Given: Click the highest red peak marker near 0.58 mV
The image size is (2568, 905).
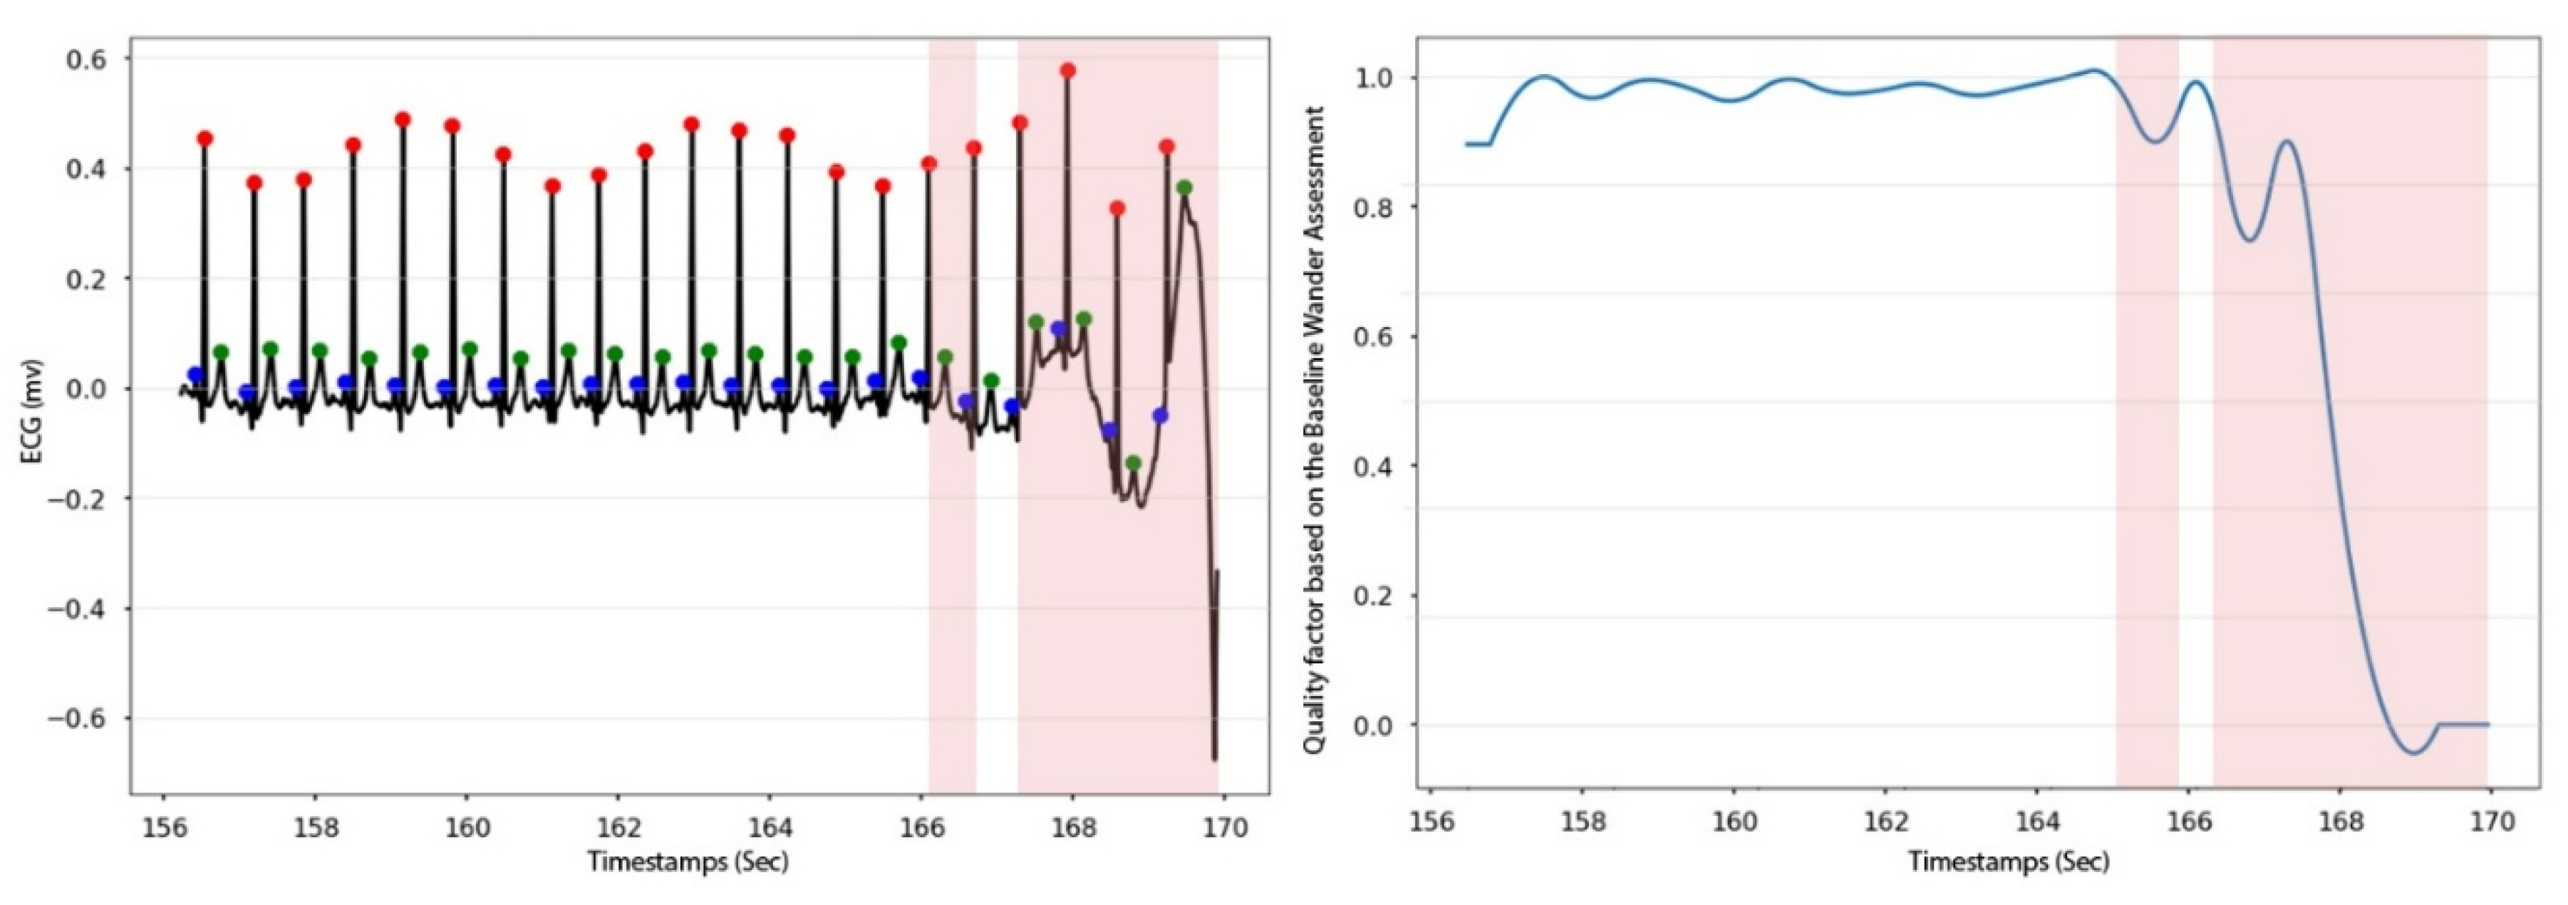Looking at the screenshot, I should tap(1067, 71).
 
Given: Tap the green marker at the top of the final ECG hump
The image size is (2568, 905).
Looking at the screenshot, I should tap(1184, 188).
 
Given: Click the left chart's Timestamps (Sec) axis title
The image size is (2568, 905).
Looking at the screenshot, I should tap(688, 861).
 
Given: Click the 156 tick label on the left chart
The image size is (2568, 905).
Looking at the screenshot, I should tap(162, 828).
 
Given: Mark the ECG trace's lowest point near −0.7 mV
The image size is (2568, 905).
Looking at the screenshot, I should tap(1214, 760).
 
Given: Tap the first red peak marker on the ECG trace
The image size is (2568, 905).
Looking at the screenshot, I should tap(205, 138).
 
